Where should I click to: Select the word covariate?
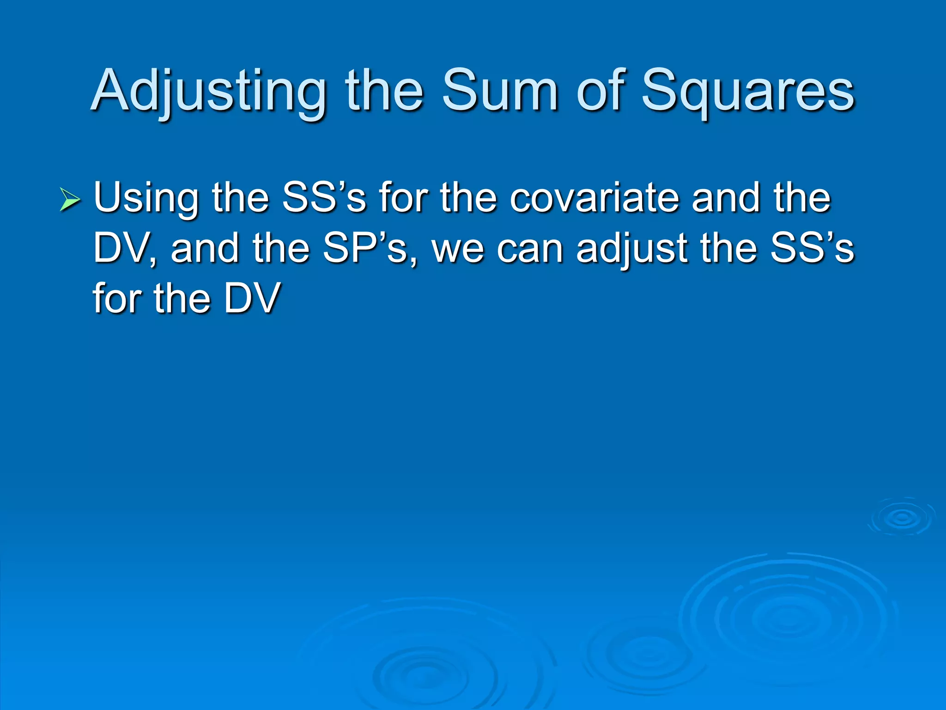point(595,198)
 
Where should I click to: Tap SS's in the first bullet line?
point(323,198)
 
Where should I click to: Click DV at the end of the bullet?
point(252,299)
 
